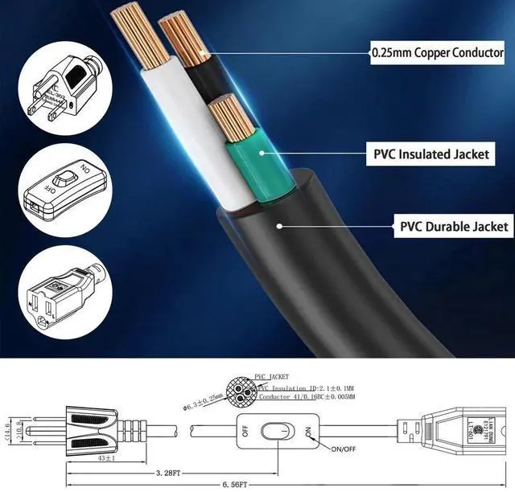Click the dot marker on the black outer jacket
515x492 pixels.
(279, 226)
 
